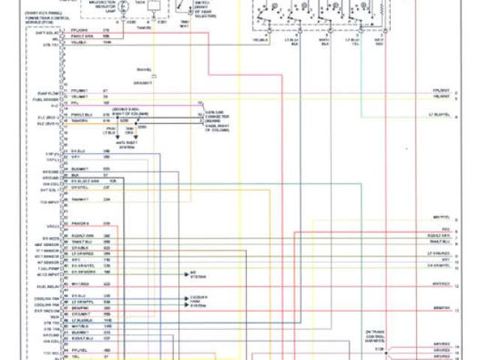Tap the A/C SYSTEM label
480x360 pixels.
click(x=197, y=274)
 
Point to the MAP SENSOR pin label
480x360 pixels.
click(x=46, y=245)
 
